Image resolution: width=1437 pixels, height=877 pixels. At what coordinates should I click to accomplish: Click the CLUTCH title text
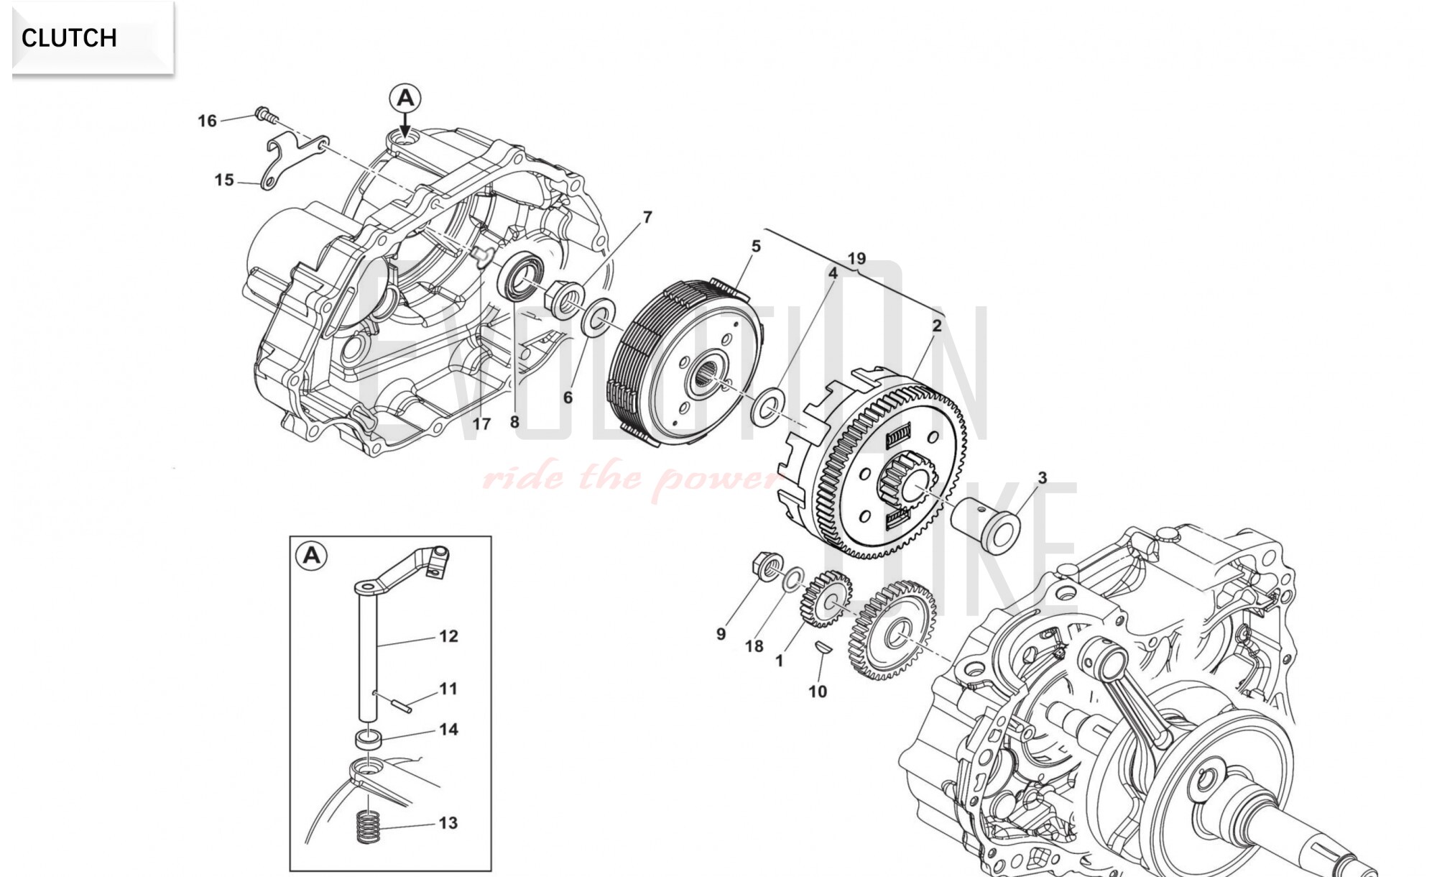click(69, 37)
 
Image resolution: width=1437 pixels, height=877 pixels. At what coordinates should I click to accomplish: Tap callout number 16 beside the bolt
click(207, 121)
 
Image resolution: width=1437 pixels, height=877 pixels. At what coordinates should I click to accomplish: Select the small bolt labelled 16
click(265, 114)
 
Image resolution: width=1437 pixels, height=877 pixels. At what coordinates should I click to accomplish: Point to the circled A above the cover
click(405, 98)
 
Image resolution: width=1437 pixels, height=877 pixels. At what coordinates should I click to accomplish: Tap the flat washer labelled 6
click(599, 318)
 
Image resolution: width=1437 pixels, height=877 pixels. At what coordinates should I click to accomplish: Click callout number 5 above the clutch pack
click(756, 247)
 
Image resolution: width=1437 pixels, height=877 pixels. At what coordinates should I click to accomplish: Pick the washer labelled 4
click(768, 406)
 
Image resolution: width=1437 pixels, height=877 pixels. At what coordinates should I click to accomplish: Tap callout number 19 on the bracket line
click(856, 259)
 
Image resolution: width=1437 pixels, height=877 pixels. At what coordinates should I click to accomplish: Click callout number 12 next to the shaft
click(448, 636)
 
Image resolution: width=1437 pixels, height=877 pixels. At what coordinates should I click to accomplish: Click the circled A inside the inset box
click(312, 556)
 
